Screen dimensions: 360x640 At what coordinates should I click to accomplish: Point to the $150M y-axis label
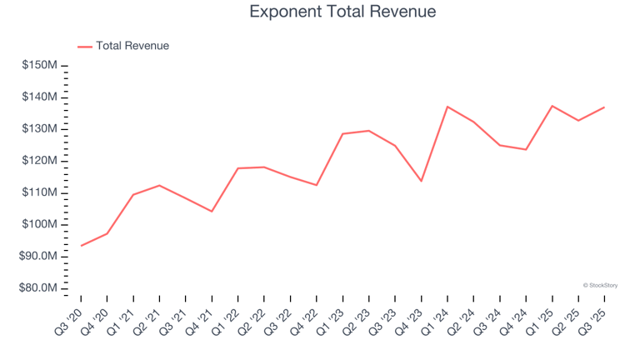(x=39, y=66)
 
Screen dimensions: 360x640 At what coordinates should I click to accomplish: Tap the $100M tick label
(x=39, y=225)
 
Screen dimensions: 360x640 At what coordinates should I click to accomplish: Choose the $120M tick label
(x=39, y=161)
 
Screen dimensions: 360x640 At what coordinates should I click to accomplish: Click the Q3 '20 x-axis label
(x=70, y=318)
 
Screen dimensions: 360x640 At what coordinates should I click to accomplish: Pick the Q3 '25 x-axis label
(x=593, y=318)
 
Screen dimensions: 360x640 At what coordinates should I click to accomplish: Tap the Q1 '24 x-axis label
(x=437, y=318)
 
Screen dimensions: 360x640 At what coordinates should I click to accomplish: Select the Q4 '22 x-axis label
(x=306, y=318)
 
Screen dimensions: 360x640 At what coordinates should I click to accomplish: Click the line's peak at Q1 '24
(x=447, y=107)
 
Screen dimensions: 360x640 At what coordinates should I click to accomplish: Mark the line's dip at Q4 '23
(x=422, y=181)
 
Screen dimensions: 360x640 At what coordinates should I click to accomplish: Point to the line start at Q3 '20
(x=81, y=246)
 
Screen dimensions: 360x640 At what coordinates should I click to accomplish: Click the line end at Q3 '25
(x=604, y=107)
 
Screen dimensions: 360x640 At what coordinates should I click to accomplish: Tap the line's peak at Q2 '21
(x=159, y=185)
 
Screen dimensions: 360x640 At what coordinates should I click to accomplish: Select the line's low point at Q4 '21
(x=212, y=212)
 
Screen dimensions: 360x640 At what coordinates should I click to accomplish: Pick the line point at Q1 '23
(x=342, y=133)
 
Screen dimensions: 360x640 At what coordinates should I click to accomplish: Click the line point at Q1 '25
(x=552, y=106)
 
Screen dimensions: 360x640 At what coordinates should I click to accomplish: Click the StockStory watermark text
(x=600, y=285)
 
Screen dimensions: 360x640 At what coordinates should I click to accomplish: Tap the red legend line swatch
(x=85, y=47)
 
